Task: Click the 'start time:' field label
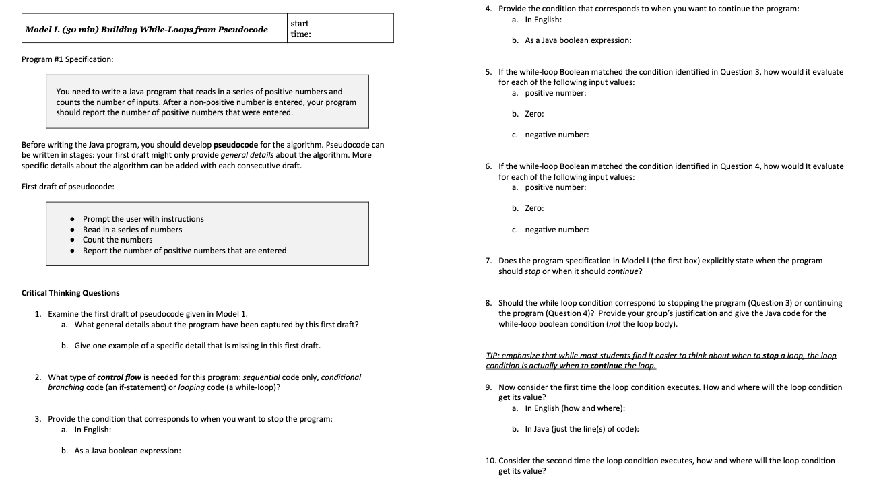300,28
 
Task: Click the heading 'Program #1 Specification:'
67,59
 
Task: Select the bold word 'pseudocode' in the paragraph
236,145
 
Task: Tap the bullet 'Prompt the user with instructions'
143,219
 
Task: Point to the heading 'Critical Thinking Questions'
71,293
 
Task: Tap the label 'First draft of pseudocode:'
68,187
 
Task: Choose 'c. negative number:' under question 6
550,230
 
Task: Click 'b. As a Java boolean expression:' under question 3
121,451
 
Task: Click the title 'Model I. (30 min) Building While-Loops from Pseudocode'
146,30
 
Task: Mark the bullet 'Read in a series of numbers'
132,230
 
